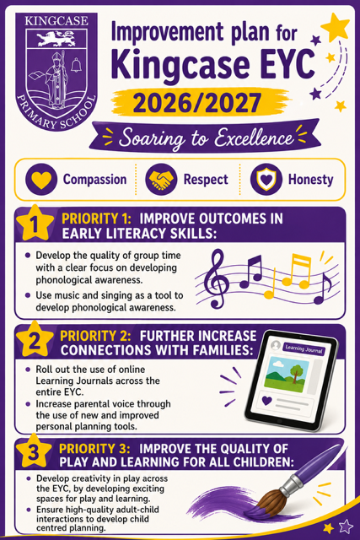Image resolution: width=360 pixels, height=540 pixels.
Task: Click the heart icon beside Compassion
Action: point(41,180)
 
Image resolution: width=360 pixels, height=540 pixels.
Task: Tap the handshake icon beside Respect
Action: point(161,180)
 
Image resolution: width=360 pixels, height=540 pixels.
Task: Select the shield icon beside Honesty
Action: point(266,180)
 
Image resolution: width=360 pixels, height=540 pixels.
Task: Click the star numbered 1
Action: point(35,223)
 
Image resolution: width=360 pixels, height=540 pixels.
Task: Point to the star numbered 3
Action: point(34,451)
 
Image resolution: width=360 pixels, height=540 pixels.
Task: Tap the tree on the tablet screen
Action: point(296,373)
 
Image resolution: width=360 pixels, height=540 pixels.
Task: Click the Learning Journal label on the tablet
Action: point(304,349)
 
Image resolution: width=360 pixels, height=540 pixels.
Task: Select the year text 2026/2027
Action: point(197,103)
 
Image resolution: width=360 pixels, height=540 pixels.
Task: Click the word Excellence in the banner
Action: point(254,138)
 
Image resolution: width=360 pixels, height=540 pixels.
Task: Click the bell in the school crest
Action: point(76,65)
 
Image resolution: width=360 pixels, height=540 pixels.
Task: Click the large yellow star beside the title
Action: point(335,27)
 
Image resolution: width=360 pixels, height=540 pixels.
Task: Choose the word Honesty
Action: point(311,180)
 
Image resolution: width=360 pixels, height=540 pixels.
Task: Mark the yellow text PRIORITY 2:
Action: point(95,336)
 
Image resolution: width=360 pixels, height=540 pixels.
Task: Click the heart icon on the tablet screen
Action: point(266,401)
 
